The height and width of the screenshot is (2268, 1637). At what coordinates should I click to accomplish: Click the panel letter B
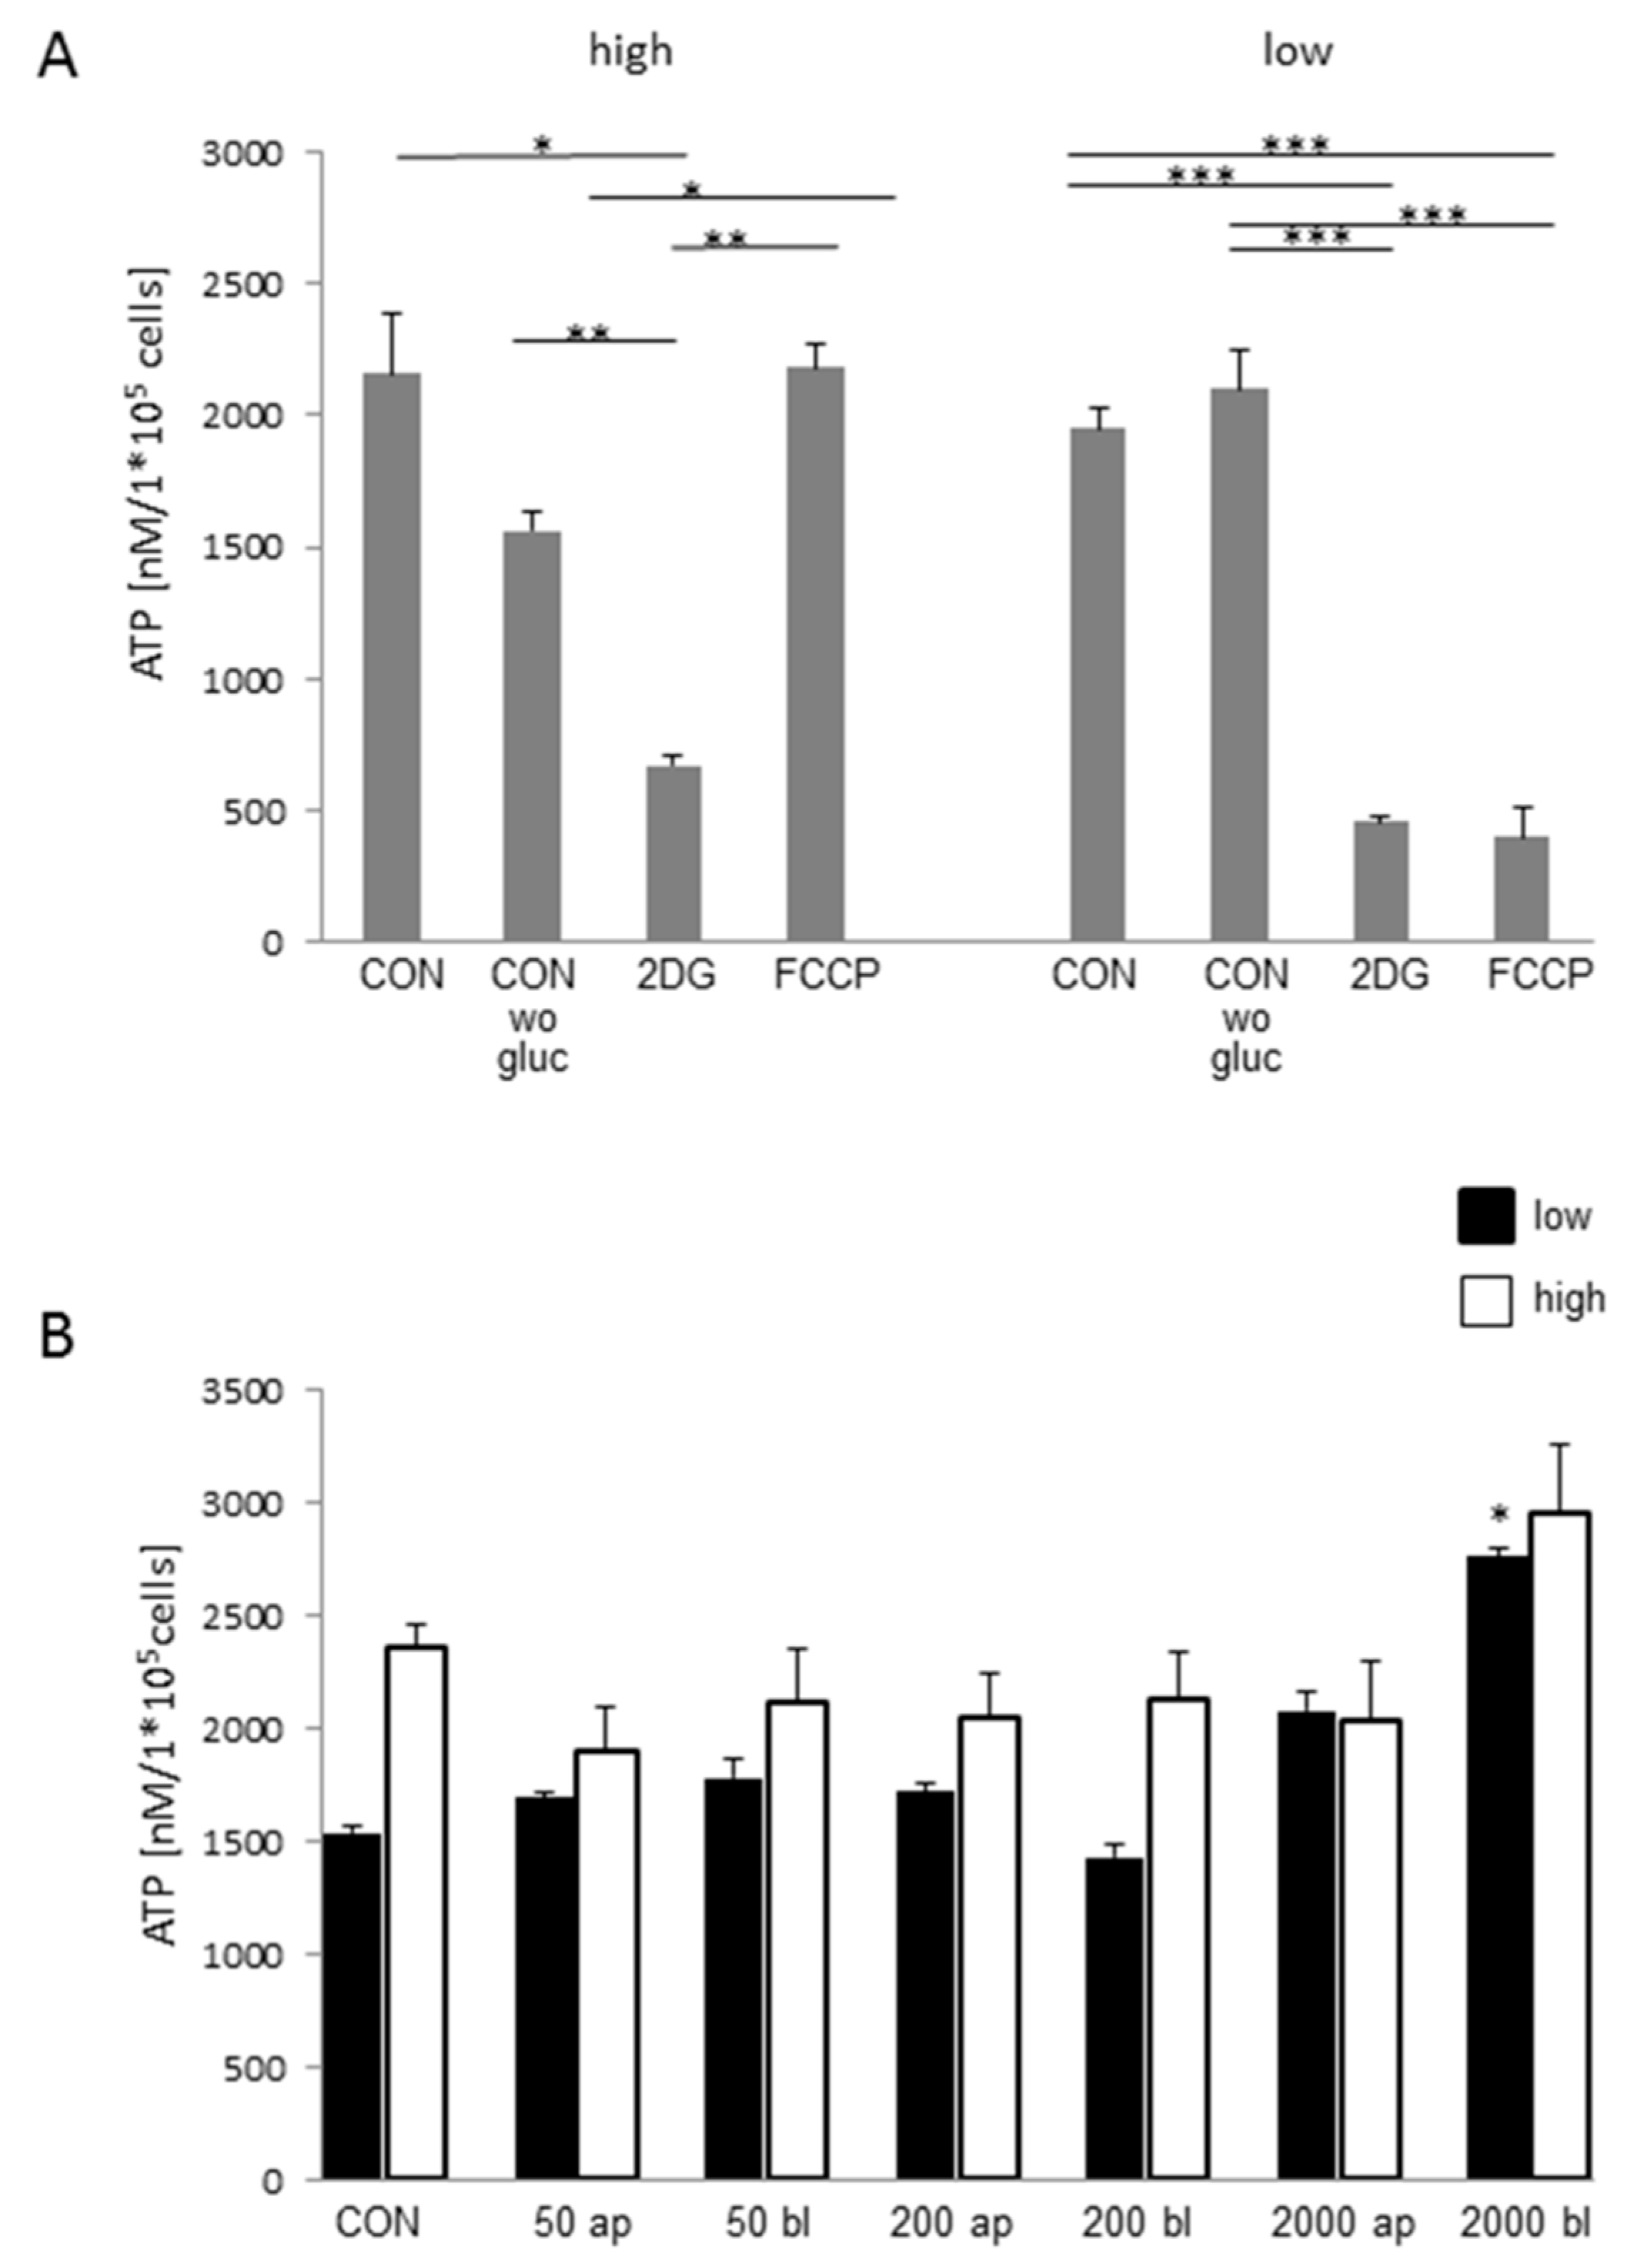click(57, 1337)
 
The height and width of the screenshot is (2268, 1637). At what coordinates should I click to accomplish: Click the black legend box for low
click(1485, 1216)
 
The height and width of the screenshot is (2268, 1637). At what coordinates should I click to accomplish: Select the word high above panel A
click(630, 50)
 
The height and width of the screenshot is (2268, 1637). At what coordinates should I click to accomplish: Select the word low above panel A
click(1297, 50)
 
